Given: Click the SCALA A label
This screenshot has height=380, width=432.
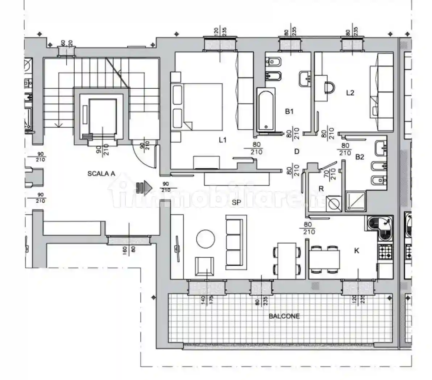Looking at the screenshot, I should (101, 174).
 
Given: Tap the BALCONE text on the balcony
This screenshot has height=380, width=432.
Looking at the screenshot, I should (284, 316).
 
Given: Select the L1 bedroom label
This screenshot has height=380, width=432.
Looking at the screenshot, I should (223, 140).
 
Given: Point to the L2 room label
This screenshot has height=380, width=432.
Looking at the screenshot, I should (350, 93).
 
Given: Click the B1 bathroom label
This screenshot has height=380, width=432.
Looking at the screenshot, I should (289, 112).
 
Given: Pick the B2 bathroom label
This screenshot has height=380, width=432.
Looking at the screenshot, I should (360, 157).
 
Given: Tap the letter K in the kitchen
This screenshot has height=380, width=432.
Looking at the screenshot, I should (357, 250).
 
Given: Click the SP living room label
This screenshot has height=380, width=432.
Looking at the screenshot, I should (236, 203).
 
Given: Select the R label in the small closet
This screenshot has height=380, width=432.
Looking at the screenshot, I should (321, 189).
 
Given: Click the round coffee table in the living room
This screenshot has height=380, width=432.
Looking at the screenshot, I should (205, 239).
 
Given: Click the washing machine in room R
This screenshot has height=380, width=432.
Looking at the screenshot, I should (333, 204).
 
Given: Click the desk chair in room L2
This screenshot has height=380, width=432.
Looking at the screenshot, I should (329, 87).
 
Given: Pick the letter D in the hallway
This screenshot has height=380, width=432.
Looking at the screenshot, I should (297, 151).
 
